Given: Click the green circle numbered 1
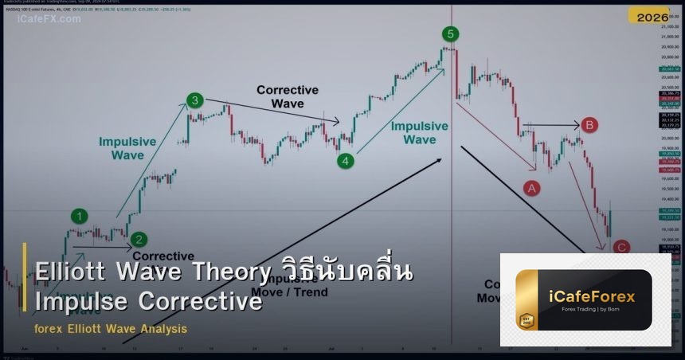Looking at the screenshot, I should (x=80, y=216).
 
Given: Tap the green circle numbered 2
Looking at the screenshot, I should (x=139, y=238).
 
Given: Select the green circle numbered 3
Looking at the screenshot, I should (x=195, y=101).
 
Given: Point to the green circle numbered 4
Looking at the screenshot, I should (x=345, y=161).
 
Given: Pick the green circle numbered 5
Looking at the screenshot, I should (x=451, y=33).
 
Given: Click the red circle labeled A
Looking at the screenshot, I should (x=531, y=188).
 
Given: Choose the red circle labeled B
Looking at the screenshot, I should (x=589, y=125).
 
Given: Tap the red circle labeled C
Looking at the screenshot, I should (x=621, y=248).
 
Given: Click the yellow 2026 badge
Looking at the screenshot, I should (x=652, y=16).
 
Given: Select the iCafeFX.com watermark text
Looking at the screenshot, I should (x=49, y=18).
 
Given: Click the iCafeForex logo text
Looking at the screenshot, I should (x=592, y=297).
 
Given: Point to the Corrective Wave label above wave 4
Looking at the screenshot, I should (x=287, y=97).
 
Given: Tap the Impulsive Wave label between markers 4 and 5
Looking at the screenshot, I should (x=419, y=133).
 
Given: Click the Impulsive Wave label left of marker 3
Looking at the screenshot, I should (x=127, y=148).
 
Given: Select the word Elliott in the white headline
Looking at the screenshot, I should (x=71, y=272).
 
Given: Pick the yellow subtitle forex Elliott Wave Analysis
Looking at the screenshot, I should (x=111, y=328).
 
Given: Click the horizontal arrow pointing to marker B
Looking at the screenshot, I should (x=550, y=125).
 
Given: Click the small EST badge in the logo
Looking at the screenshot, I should (x=526, y=321).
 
